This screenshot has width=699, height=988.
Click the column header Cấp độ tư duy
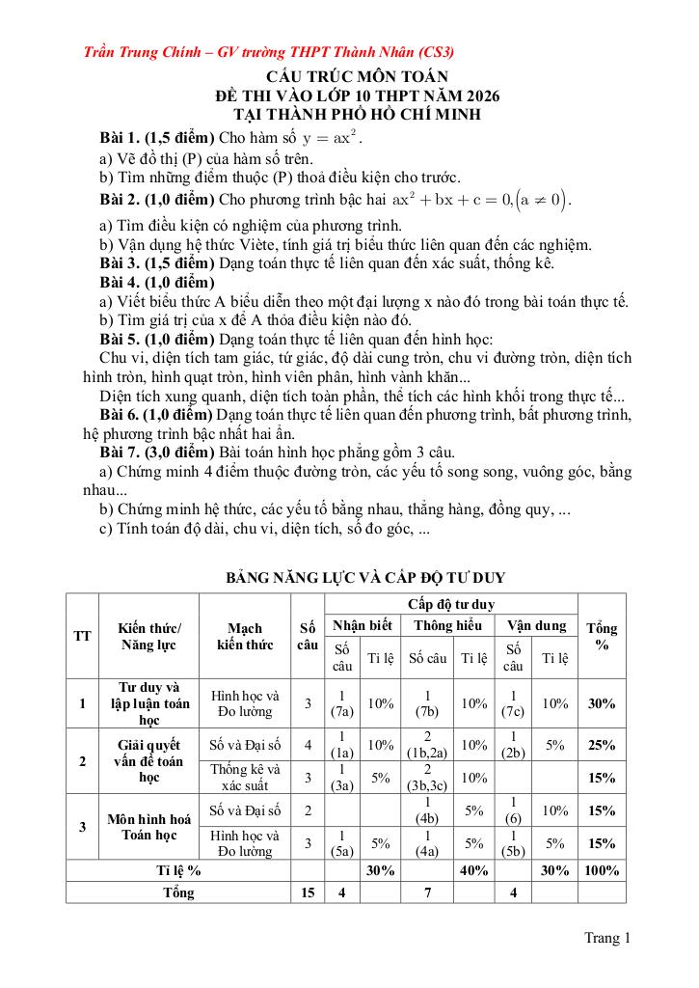[x=450, y=604]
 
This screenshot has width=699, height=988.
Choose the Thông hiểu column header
[x=447, y=625]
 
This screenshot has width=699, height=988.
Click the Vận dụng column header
[x=536, y=625]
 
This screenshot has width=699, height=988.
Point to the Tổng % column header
[x=602, y=636]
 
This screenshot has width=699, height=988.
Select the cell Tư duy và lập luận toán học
[x=148, y=703]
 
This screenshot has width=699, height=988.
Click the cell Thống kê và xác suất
[x=245, y=777]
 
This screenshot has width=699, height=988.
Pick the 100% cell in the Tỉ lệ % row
[x=602, y=869]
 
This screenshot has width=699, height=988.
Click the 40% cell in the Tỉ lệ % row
[x=473, y=869]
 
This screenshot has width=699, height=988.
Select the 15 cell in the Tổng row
[x=308, y=892]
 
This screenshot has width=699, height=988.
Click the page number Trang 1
[x=606, y=937]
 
